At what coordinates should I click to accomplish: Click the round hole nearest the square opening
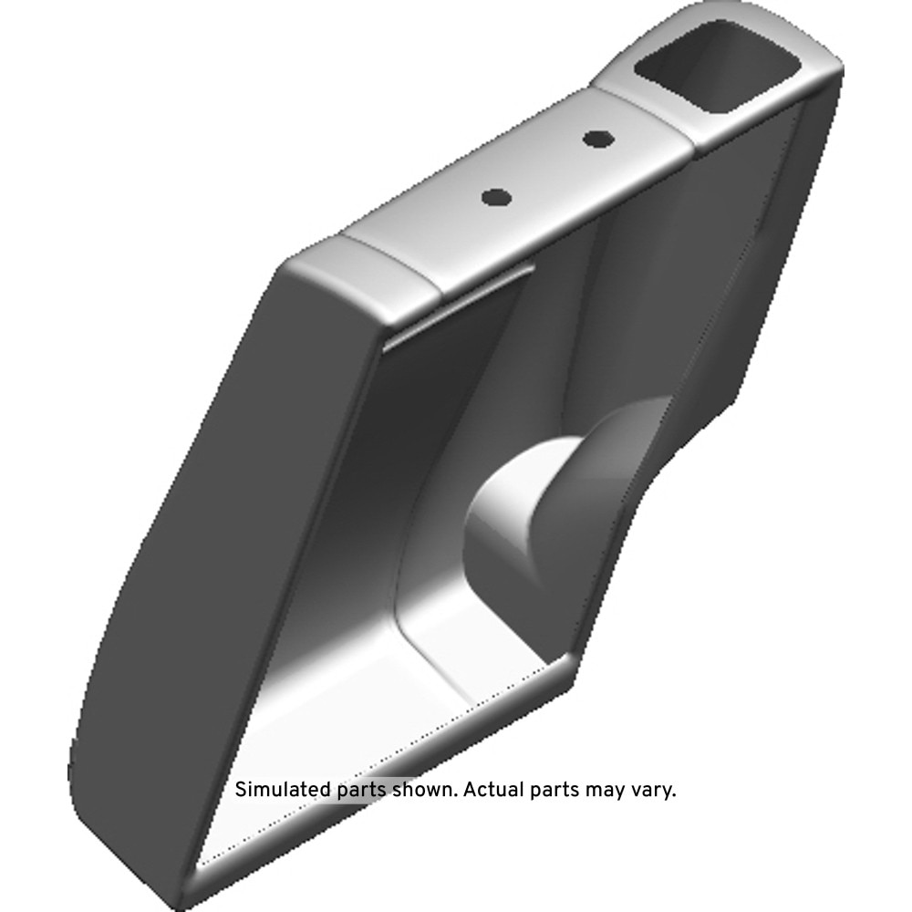click(x=598, y=140)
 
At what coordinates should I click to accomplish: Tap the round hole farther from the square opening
click(x=497, y=198)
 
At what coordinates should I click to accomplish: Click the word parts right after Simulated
click(x=362, y=792)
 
